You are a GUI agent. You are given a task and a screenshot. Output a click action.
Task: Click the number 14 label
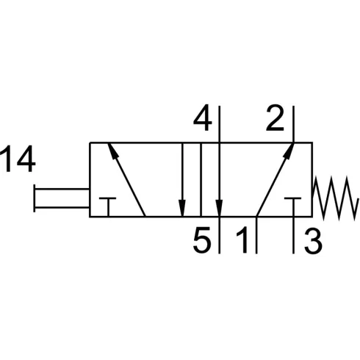(x=18, y=159)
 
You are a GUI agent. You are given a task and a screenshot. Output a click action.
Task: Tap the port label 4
(x=202, y=118)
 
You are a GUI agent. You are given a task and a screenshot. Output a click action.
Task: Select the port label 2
(x=275, y=118)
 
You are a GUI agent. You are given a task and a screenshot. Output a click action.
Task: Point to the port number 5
(x=202, y=240)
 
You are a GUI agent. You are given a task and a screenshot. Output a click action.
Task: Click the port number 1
(x=242, y=240)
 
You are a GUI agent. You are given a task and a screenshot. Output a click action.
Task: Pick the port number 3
(x=313, y=240)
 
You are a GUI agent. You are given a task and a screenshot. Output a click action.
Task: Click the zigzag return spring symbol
(x=334, y=198)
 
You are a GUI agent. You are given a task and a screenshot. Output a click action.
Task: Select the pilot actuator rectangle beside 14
(x=61, y=198)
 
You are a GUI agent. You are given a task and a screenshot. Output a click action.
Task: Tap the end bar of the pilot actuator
(x=35, y=198)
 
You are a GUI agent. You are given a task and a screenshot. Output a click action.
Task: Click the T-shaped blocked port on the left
(x=108, y=206)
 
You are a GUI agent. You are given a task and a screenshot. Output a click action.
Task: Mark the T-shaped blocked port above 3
(x=293, y=206)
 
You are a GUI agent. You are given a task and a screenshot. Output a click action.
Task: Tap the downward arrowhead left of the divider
(x=182, y=209)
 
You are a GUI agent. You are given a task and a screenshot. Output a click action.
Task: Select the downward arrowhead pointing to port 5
(x=219, y=209)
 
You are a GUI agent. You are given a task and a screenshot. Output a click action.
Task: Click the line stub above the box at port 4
(x=220, y=124)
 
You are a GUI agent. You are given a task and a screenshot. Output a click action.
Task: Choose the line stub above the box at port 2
(x=293, y=124)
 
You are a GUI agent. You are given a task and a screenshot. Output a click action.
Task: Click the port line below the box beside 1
(x=256, y=235)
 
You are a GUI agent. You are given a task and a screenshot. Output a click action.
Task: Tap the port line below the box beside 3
(x=293, y=235)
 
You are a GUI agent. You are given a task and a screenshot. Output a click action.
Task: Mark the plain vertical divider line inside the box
(x=201, y=180)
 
